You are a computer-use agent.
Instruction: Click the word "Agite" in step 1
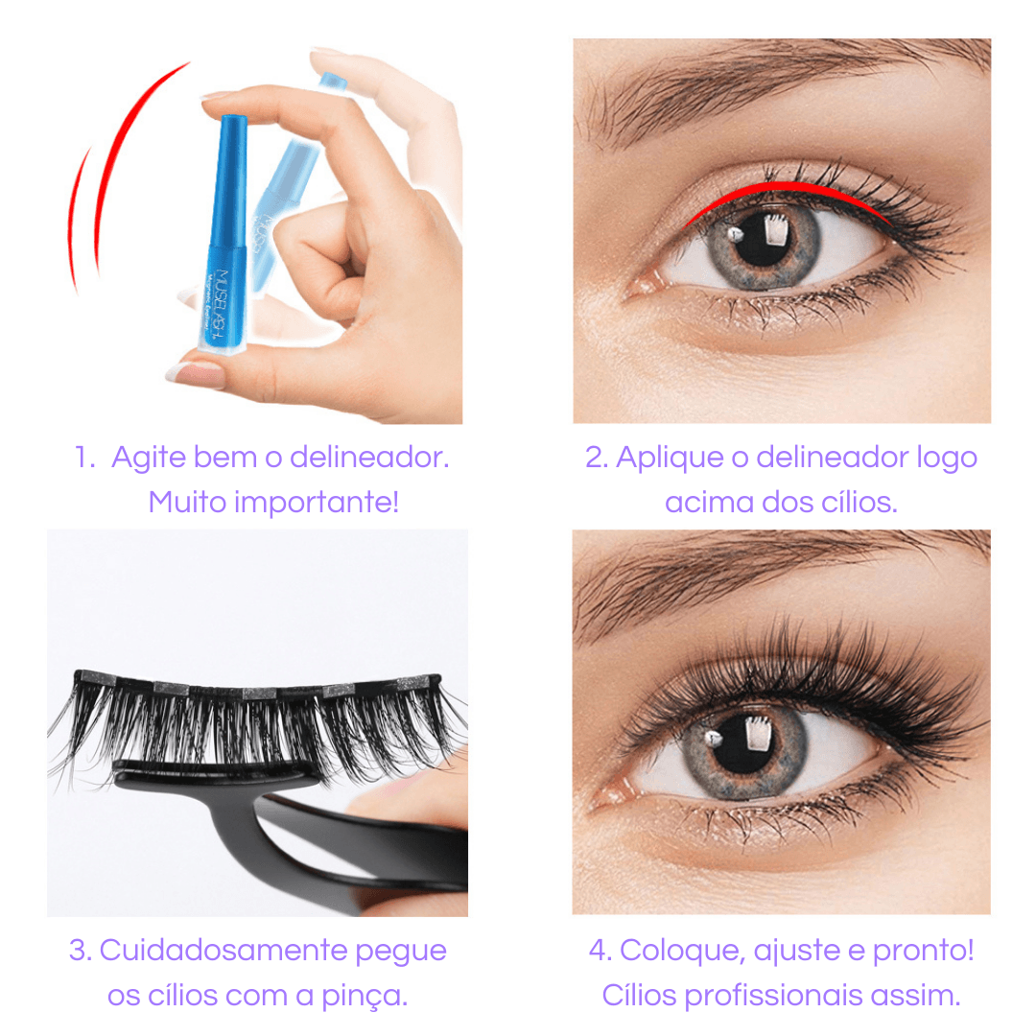[149, 458]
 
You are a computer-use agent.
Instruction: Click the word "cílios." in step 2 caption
[852, 501]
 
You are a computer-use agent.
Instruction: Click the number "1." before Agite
[85, 458]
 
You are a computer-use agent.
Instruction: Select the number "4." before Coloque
[600, 952]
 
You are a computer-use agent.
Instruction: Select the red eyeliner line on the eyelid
[787, 192]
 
